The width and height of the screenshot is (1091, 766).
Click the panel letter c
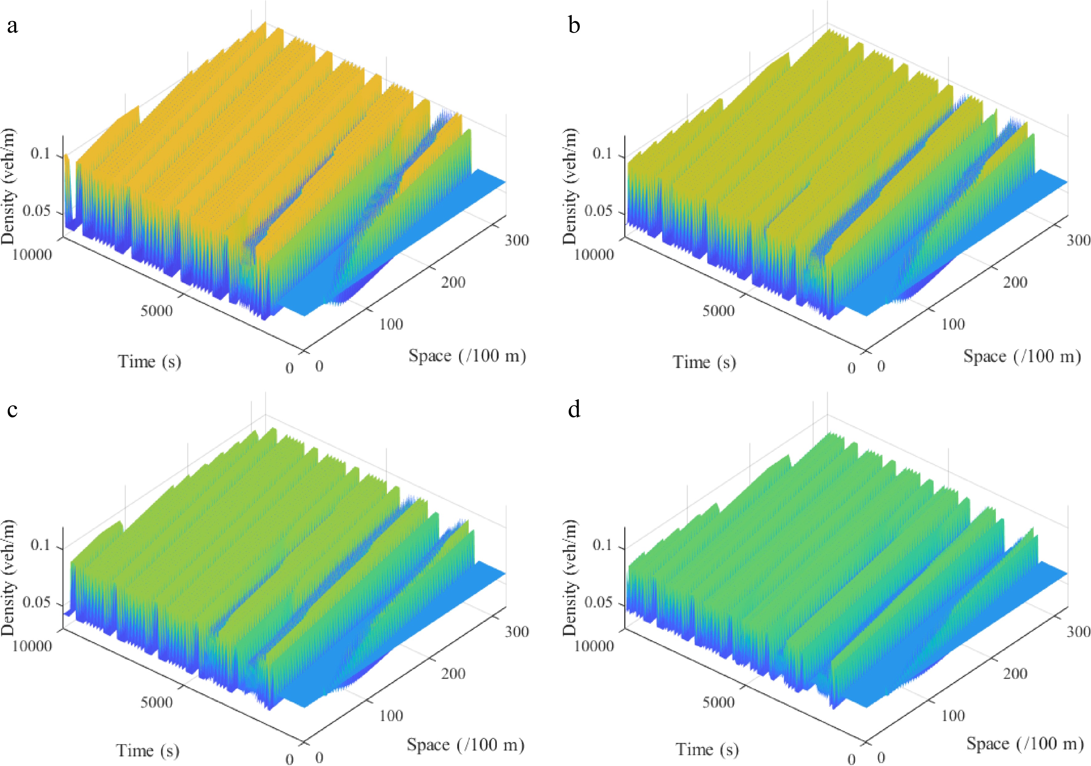[12, 409]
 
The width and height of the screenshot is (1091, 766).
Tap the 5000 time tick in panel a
[156, 311]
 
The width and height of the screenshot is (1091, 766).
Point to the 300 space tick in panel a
[516, 240]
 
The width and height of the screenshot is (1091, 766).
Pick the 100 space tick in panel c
[391, 715]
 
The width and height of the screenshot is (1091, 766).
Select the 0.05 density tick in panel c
[37, 602]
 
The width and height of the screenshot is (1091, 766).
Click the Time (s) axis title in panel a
[149, 362]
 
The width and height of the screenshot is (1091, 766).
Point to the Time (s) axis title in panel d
[707, 749]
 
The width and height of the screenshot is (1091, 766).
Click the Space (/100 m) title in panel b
[1022, 356]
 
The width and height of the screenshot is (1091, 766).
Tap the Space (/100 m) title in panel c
[465, 745]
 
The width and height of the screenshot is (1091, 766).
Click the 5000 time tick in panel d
[718, 702]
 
